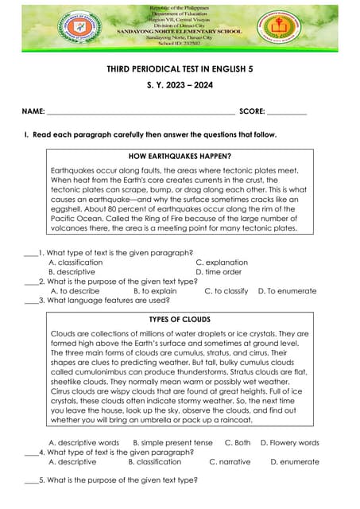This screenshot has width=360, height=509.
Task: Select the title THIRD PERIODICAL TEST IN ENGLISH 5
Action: click(x=180, y=70)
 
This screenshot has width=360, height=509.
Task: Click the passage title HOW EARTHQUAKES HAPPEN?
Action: click(x=180, y=156)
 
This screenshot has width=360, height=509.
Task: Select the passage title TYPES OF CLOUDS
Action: click(x=180, y=319)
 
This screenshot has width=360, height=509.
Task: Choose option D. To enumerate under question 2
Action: click(x=287, y=291)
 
